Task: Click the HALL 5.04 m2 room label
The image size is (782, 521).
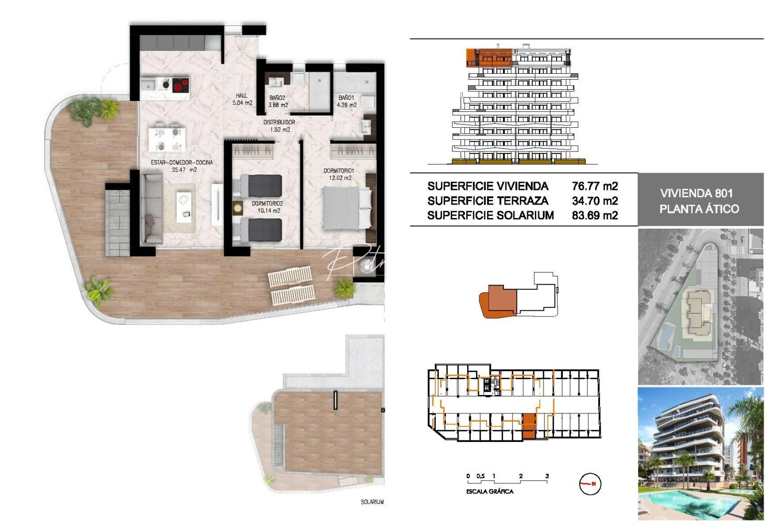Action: pos(242,99)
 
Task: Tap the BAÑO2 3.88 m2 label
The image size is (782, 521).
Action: pos(278,101)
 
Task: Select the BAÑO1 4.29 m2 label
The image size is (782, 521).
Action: pos(347,101)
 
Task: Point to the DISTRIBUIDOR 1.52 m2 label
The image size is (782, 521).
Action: pos(279,126)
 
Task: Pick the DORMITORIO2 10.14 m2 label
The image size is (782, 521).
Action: pos(267,207)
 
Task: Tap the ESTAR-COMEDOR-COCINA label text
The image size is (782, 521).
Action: pos(182,163)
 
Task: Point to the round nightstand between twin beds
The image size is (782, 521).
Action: pos(237,208)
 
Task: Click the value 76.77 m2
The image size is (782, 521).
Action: pos(595,186)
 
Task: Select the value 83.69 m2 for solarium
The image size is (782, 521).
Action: pos(595,216)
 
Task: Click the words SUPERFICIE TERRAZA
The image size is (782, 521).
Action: pos(488,201)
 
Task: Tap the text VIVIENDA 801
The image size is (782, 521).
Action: pos(697,193)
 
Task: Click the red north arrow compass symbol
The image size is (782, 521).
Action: pos(590,484)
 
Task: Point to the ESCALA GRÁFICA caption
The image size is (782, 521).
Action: pos(489,492)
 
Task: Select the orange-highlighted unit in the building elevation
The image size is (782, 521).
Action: pos(489,57)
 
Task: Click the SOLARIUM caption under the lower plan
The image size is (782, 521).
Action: pos(372,502)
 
